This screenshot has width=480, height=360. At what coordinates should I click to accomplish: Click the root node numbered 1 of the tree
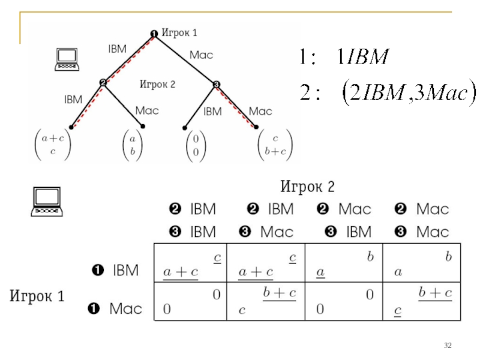pyautogui.click(x=154, y=34)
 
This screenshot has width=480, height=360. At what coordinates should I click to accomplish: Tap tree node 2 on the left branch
pyautogui.click(x=103, y=82)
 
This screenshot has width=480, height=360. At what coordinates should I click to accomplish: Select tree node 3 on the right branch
pyautogui.click(x=216, y=84)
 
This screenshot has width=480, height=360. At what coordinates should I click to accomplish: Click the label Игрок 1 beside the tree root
pyautogui.click(x=179, y=32)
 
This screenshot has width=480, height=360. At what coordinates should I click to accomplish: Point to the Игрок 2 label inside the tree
pyautogui.click(x=157, y=84)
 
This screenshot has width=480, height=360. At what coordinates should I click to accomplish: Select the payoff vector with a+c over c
pyautogui.click(x=53, y=145)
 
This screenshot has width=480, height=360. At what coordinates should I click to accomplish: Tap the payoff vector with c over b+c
pyautogui.click(x=275, y=145)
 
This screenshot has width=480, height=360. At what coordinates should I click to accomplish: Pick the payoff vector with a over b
pyautogui.click(x=132, y=145)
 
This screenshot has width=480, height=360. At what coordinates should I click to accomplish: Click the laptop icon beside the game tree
pyautogui.click(x=67, y=59)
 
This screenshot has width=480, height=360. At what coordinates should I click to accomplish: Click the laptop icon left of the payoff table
pyautogui.click(x=47, y=202)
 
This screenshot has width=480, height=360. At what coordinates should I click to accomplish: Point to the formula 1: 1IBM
pyautogui.click(x=344, y=56)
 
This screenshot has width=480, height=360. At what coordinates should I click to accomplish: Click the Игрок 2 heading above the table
pyautogui.click(x=307, y=187)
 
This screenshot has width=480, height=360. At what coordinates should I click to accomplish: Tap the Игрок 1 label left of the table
pyautogui.click(x=37, y=296)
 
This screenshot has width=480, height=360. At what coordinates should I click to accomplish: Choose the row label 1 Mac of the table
pyautogui.click(x=115, y=308)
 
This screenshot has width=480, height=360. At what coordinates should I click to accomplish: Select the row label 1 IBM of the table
pyautogui.click(x=115, y=270)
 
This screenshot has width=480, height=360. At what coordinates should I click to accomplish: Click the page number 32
pyautogui.click(x=448, y=346)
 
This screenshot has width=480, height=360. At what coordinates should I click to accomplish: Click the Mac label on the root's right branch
pyautogui.click(x=201, y=55)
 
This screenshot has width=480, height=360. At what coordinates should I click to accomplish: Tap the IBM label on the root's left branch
pyautogui.click(x=117, y=49)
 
